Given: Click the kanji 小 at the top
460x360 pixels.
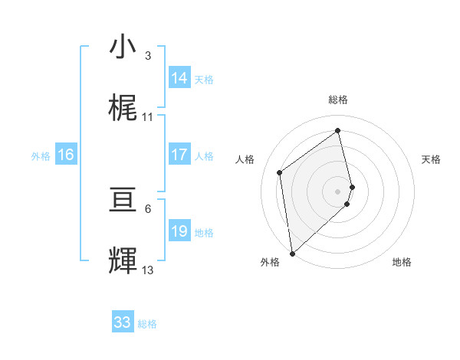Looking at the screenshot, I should pos(123,47).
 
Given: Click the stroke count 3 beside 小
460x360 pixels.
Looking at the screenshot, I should pos(148,56).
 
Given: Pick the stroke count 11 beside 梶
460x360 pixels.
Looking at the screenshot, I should pos(148,117).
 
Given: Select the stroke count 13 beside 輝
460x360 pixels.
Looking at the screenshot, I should pos(148,270).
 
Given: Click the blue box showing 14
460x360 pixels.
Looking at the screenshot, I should pos(179,78).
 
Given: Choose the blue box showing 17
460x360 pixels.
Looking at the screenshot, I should pos(179,155).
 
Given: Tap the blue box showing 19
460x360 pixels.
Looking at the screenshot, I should pos(179,231).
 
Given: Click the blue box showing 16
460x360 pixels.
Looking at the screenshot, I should pos(66,155).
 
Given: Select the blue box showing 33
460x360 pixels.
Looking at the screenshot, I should pos(123,322).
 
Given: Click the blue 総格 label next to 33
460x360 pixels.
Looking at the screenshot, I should pos(148,324).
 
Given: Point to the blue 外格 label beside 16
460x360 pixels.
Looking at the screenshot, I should pos(41,156).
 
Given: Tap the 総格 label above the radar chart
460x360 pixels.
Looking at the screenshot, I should pos(338,100).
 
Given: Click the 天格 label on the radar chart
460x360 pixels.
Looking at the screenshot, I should pos(432,159).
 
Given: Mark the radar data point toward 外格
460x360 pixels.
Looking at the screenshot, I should pos(292,253).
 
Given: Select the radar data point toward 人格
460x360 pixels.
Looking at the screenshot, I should pos(280,172).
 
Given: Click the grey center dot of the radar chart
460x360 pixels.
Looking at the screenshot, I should pos(338,191).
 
